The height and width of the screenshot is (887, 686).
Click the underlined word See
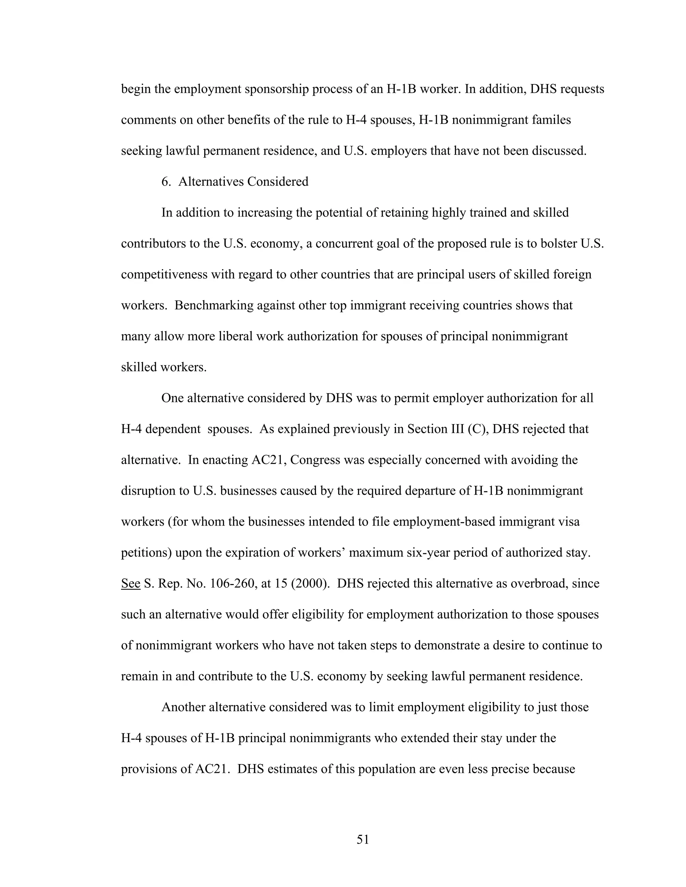(x=130, y=584)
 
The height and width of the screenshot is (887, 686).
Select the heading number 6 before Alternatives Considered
(x=166, y=181)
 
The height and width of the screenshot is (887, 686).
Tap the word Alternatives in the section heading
(x=211, y=181)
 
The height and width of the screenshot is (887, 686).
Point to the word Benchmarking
(x=214, y=305)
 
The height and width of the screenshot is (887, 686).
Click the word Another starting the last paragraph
(x=183, y=707)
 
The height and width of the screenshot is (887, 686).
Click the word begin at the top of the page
(x=136, y=89)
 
